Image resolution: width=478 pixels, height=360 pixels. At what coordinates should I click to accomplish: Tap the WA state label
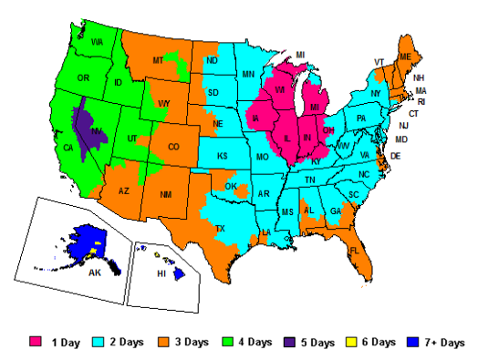click(96, 42)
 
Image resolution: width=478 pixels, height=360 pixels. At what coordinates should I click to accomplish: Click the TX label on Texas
click(219, 229)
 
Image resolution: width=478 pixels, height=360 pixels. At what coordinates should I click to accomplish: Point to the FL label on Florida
click(354, 250)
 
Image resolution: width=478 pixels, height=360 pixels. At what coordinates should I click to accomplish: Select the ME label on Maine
click(405, 57)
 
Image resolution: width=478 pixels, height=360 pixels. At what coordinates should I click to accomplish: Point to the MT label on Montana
click(158, 60)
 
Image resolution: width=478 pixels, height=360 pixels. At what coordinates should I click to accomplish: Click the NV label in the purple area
click(94, 132)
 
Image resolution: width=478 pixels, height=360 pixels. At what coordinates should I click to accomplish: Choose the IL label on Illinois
click(288, 138)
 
